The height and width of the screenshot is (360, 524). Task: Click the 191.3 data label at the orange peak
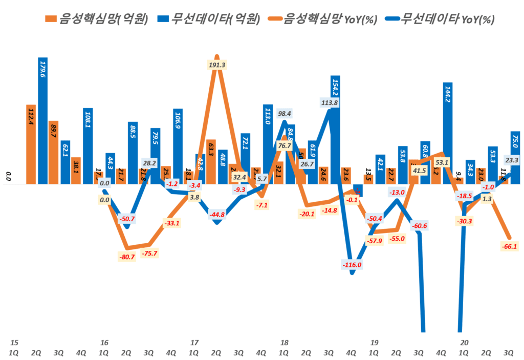[217, 65]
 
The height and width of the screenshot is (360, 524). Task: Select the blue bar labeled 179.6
[42, 120]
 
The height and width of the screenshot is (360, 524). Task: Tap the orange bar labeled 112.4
[31, 144]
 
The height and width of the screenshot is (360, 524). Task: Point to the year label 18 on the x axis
[284, 343]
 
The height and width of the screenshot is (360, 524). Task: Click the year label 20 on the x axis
[464, 343]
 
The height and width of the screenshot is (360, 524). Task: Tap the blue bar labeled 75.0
[515, 157]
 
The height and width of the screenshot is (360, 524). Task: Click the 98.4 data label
[285, 113]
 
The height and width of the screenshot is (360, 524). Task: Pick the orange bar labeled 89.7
[53, 152]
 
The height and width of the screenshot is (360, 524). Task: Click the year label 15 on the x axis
[14, 343]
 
